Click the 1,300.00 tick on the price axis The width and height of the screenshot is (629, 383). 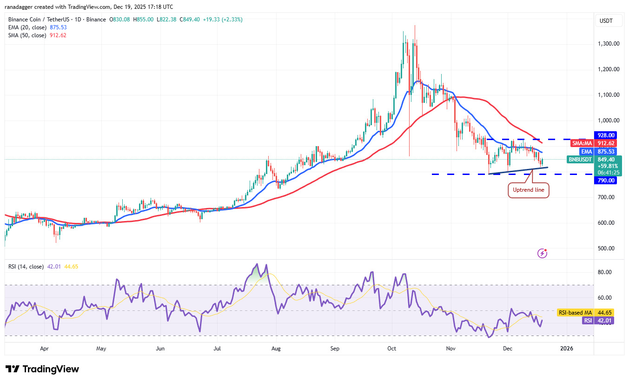(608, 44)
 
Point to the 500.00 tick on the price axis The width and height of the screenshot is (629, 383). (608, 248)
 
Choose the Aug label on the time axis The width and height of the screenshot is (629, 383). (276, 348)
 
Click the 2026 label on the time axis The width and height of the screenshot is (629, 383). (567, 348)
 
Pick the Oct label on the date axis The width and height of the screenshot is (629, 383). (392, 348)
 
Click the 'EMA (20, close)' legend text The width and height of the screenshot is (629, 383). (27, 27)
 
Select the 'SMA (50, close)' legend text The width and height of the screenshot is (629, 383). (27, 35)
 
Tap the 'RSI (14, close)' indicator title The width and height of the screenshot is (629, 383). (26, 267)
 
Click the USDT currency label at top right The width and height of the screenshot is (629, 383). (606, 20)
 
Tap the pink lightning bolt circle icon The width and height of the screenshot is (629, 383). (542, 253)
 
